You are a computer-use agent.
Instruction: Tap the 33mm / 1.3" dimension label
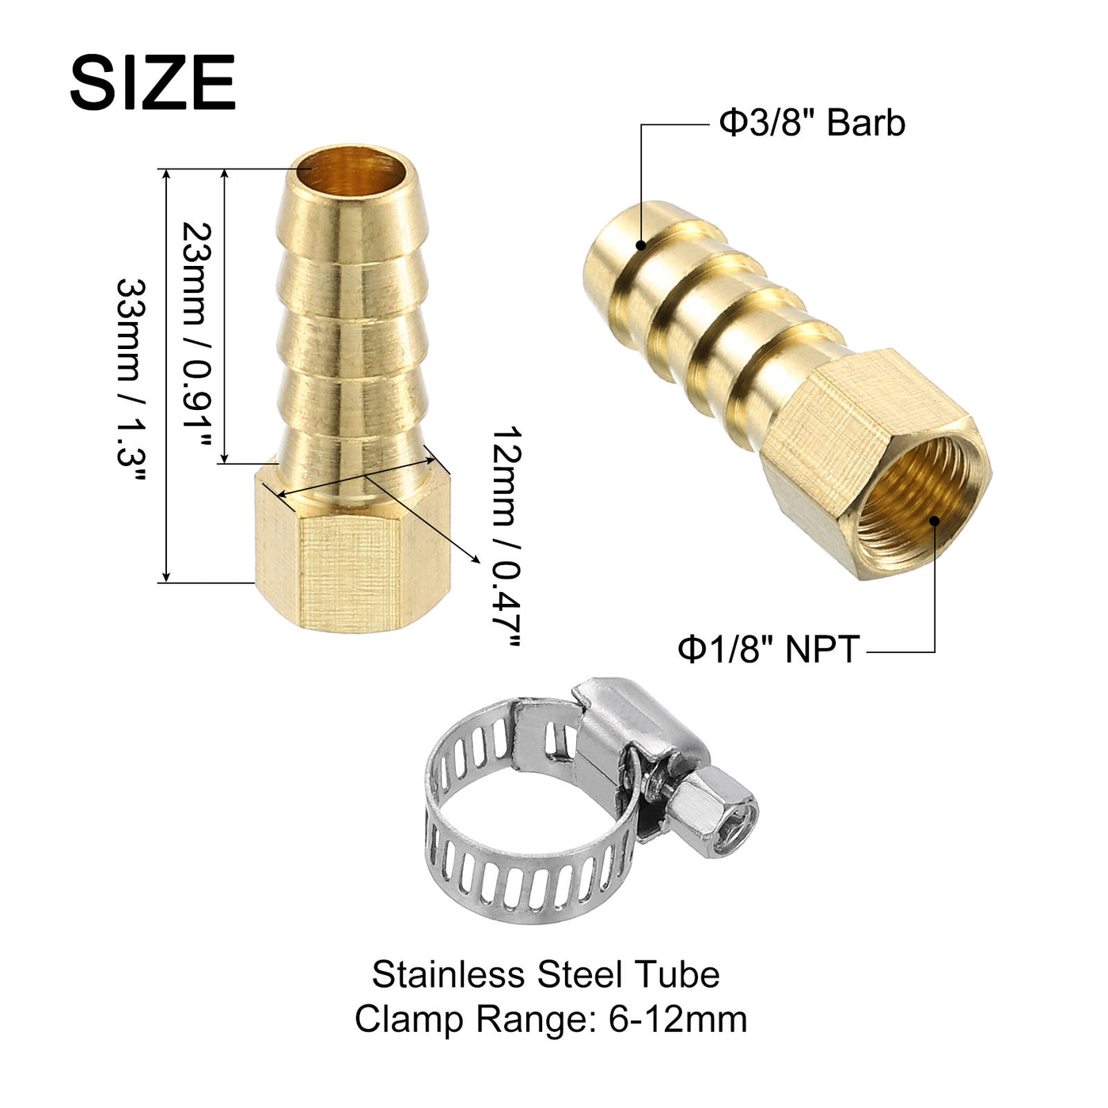[131, 380]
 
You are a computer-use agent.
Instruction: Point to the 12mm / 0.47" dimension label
[507, 537]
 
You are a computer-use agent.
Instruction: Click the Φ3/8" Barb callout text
[813, 123]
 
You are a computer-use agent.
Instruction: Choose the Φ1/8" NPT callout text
[769, 649]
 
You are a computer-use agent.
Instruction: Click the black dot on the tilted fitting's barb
[641, 245]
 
